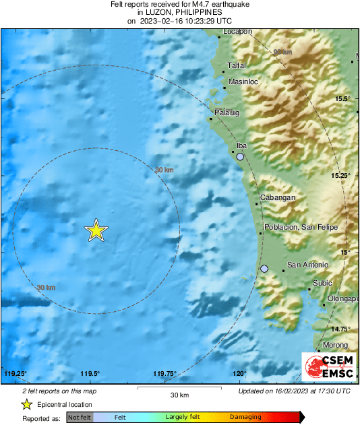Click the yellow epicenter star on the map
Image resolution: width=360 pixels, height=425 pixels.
(x=96, y=230)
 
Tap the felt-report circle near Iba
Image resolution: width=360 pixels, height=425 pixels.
(x=240, y=156)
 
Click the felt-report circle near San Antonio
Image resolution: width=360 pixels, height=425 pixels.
(x=264, y=269)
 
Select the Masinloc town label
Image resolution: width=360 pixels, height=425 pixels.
(x=243, y=81)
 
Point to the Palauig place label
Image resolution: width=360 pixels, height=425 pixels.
(x=227, y=112)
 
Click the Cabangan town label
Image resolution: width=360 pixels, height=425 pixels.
(x=276, y=197)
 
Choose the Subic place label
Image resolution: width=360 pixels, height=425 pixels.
(x=324, y=283)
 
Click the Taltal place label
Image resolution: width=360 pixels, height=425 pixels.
(x=237, y=65)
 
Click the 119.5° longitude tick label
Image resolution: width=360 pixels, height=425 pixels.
(x=90, y=374)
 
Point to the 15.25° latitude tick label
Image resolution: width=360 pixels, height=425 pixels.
(x=341, y=175)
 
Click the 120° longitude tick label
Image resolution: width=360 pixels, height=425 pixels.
(x=240, y=374)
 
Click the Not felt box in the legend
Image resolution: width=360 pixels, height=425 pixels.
(x=79, y=418)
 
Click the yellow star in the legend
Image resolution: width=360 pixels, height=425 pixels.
(x=26, y=404)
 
